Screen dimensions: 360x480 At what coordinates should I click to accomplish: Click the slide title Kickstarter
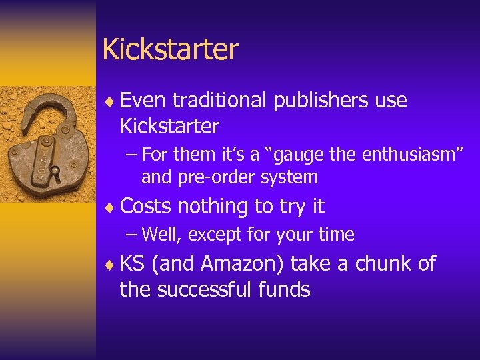[170, 50]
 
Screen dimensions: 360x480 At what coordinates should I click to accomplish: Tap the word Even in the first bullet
[143, 101]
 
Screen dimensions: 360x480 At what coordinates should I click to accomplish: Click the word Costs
[146, 207]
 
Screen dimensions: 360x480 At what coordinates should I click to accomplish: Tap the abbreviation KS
[133, 264]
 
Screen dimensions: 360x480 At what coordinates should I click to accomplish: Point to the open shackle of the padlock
[40, 110]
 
